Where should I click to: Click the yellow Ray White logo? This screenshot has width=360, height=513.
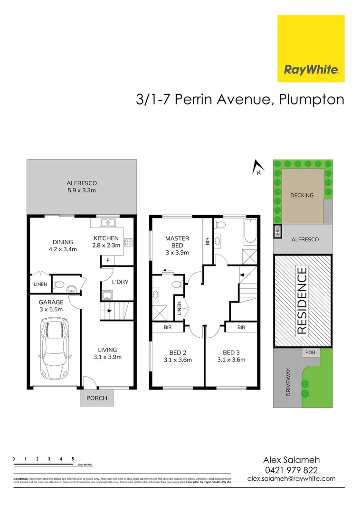coord(311,48)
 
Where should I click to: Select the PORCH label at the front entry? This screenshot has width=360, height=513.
coord(97,398)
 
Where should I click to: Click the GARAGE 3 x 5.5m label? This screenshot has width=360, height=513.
coord(51,305)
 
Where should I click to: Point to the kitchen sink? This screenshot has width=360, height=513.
coord(108,222)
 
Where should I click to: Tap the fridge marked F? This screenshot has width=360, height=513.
coord(108,260)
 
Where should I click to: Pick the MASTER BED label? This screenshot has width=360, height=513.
coord(177,245)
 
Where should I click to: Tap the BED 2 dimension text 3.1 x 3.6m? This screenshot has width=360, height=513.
coord(177,360)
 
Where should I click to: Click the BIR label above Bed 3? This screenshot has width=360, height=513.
coord(241,327)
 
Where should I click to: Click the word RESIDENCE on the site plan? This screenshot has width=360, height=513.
coord(303,302)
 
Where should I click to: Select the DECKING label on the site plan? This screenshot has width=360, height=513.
coord(302,195)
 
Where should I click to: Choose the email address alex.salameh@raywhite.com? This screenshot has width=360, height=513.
coord(291,479)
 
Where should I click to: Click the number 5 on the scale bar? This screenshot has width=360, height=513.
coord(73,459)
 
